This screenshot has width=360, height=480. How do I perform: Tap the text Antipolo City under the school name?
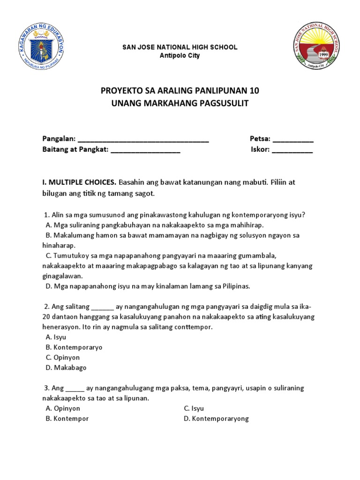(x=180, y=56)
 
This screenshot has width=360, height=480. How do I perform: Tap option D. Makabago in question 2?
(x=66, y=368)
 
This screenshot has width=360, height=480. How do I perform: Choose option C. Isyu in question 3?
(x=194, y=408)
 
